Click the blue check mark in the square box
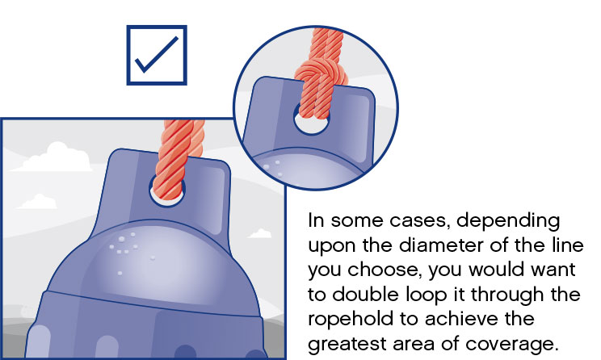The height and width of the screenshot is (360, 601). coord(157,56)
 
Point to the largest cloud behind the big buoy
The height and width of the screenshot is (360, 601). coord(53,157)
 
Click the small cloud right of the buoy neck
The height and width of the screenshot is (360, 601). coord(260,233)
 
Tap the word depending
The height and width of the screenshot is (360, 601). coord(508,221)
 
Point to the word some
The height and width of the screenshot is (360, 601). coord(357,221)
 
